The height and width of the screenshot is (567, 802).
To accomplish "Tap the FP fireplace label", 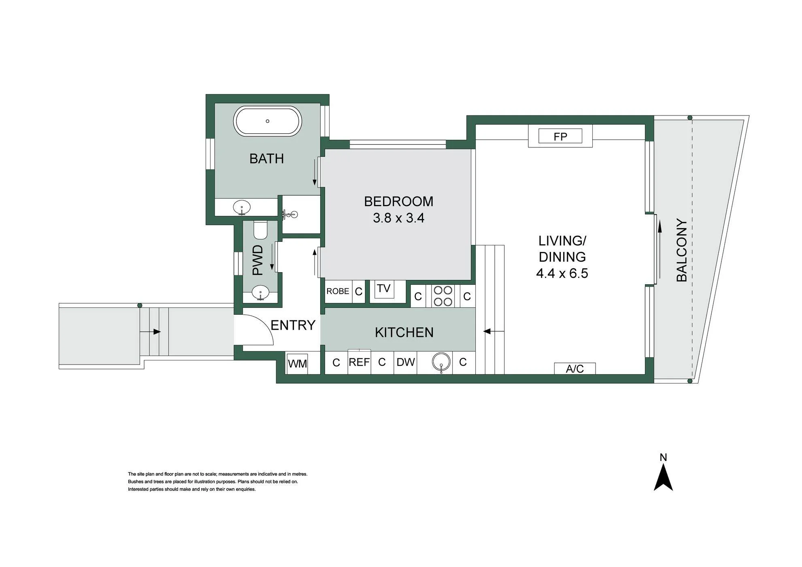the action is (x=560, y=136).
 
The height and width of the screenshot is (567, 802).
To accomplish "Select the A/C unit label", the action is (x=575, y=369).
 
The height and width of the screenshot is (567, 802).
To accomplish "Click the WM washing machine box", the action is (x=298, y=363).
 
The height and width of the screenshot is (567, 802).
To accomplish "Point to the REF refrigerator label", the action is (x=359, y=362).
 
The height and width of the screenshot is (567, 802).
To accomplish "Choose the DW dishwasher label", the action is (x=406, y=362).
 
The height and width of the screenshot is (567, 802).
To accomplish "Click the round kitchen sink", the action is (x=441, y=362).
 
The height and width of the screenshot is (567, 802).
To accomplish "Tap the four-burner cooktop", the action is (x=443, y=296).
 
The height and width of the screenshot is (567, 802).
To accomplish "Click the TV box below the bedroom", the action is (x=384, y=289).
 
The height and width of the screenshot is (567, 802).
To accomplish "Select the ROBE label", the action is (x=338, y=291).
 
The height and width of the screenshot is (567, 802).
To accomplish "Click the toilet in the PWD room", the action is (x=260, y=230).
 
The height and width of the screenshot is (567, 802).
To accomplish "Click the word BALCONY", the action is (x=682, y=250).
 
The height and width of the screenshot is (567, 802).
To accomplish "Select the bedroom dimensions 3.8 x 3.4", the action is (x=398, y=218).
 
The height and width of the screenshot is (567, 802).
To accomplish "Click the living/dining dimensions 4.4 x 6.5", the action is (x=562, y=273).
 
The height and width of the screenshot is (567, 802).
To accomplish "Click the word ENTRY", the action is (x=293, y=325).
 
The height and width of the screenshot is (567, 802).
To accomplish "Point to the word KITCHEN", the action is (x=404, y=333).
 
